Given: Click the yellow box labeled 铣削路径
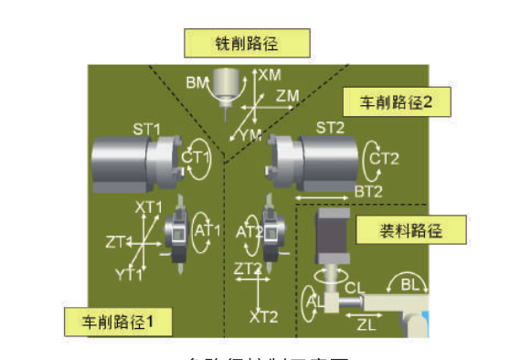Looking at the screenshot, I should coord(247,42).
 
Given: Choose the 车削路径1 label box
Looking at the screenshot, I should coord(114,321).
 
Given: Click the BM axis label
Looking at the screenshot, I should coord(196,83).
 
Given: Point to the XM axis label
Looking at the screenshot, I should coord(271,74).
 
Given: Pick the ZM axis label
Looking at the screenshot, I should coord(288,95).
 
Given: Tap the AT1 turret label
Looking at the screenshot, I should coord(208,230).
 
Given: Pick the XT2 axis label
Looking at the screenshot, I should coord(263,316).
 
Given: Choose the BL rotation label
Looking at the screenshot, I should coord(411,285).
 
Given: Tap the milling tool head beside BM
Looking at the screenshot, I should coord(224,89).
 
